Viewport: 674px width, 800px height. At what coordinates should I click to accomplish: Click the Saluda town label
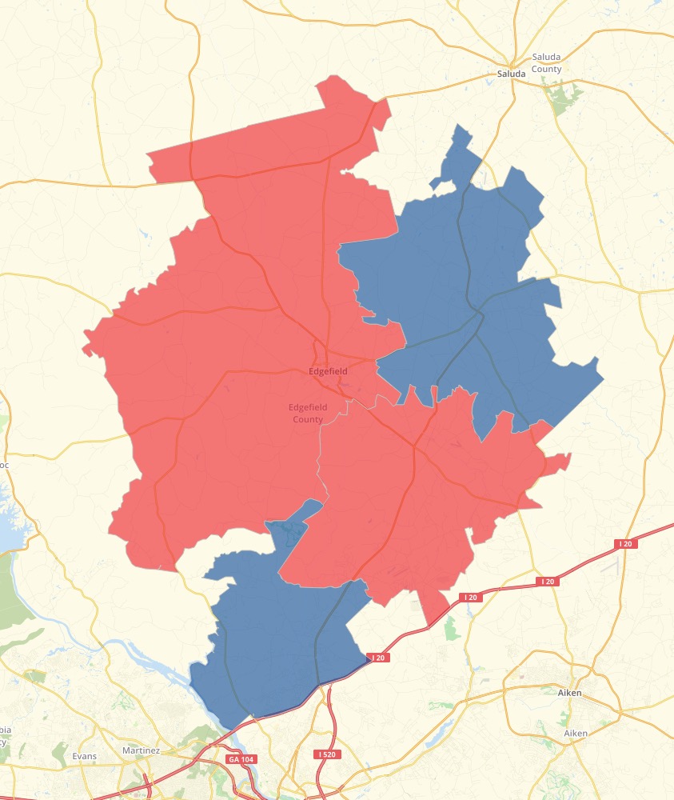(511, 74)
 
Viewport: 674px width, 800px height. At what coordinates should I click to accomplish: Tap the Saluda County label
(547, 63)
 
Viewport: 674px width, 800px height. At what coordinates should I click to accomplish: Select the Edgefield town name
(328, 372)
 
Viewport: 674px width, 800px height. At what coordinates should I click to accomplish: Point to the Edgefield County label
(308, 413)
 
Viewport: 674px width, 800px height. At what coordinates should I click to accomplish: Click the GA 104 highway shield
(237, 758)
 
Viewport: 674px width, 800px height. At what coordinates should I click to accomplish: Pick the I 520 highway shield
(325, 754)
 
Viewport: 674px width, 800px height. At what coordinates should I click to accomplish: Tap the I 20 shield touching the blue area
(377, 658)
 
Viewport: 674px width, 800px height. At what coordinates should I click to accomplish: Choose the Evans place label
(84, 756)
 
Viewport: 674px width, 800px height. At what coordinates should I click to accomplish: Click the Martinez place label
(142, 750)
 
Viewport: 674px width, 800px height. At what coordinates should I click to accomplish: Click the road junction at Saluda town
(512, 63)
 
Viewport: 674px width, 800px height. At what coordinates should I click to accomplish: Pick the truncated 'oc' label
(4, 464)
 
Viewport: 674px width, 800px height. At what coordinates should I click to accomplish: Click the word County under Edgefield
(308, 419)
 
